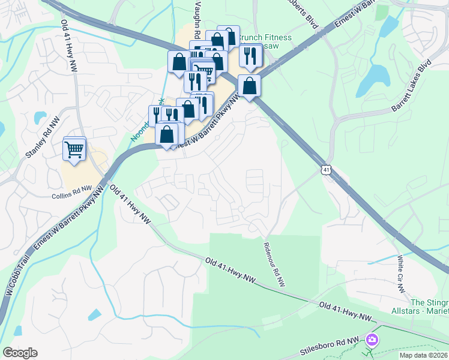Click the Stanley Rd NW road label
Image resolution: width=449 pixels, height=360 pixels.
coord(43,137)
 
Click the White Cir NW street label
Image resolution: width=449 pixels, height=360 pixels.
coord(400,275)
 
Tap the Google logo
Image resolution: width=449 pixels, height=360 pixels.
coord(20,353)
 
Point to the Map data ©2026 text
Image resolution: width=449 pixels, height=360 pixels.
coord(423,355)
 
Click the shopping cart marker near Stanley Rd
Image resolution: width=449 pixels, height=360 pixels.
coord(74,148)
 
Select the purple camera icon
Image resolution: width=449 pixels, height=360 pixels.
coord(372,340)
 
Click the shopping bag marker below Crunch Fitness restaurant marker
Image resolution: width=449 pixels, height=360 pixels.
coord(249,85)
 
